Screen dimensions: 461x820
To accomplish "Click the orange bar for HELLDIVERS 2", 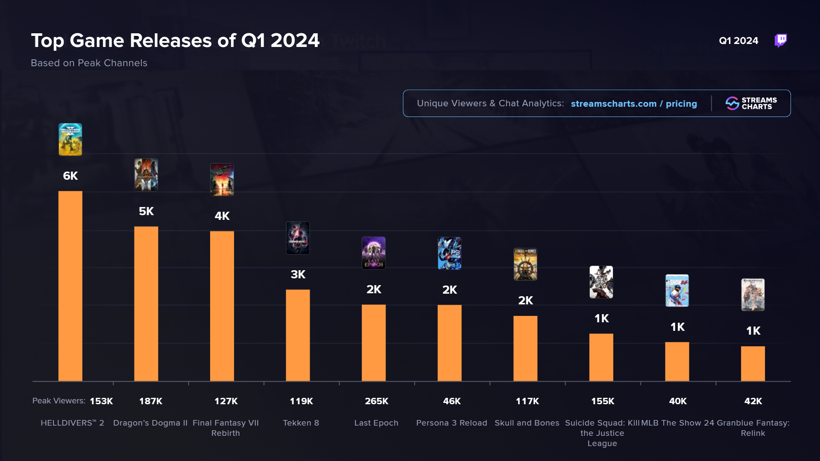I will tap(70, 286).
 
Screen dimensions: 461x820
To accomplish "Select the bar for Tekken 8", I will tap(298, 335).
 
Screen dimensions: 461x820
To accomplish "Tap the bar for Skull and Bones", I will tap(525, 348).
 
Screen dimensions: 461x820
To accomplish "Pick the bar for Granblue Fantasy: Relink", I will tap(753, 364).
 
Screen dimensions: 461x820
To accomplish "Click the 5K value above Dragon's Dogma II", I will tap(146, 211).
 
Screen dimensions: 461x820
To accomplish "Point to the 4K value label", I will tap(222, 216).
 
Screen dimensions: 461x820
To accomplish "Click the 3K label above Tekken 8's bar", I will tap(298, 274).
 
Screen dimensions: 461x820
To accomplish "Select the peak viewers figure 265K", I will tap(376, 401).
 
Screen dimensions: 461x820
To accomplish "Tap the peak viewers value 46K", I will tap(451, 401).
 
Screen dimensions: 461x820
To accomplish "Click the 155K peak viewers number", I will tap(602, 401).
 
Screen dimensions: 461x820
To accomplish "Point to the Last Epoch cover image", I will tap(374, 253).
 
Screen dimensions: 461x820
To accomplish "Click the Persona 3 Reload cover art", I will tap(449, 253).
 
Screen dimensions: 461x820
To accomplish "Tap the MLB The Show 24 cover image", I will tap(677, 291).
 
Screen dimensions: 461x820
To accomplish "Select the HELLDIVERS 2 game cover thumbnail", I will tap(70, 140).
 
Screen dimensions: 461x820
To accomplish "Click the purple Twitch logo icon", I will tap(781, 41).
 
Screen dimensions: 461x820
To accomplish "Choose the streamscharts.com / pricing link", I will tap(634, 104).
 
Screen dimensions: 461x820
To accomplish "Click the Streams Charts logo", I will tap(751, 103).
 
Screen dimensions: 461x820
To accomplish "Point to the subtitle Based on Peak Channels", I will tap(89, 63).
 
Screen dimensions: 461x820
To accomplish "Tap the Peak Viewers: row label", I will tap(59, 401).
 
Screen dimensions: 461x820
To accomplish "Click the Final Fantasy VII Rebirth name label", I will tap(225, 428).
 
